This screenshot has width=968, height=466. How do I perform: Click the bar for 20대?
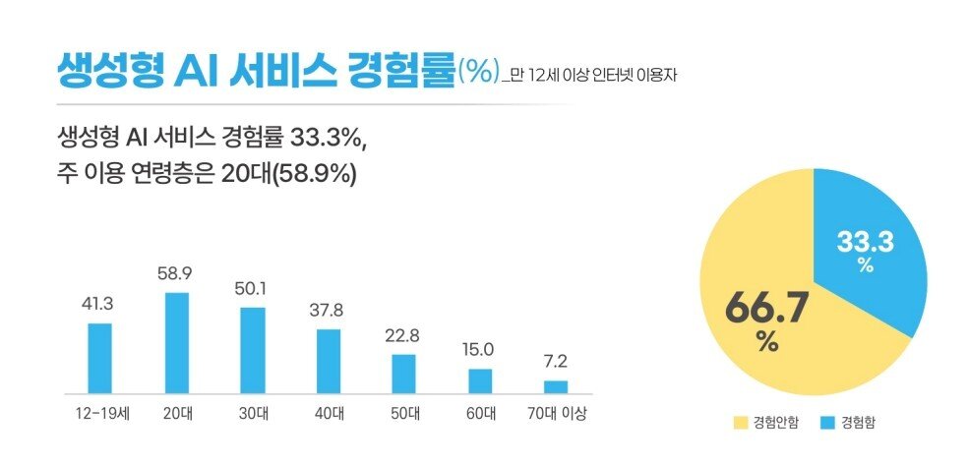click(176, 342)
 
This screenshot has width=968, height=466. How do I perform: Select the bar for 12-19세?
click(100, 357)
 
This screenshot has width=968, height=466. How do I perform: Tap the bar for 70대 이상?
click(556, 385)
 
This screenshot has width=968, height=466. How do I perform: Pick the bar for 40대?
click(328, 360)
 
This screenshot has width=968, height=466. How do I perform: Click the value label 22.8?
click(403, 336)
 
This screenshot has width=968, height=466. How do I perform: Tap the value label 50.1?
click(252, 289)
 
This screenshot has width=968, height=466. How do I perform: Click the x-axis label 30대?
click(252, 412)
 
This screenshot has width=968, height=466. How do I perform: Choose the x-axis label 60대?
click(480, 412)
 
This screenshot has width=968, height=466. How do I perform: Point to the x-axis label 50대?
click(403, 412)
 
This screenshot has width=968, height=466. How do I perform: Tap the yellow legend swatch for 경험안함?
click(741, 423)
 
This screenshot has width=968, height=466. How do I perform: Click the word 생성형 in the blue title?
click(91, 71)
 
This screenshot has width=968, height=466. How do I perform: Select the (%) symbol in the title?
click(479, 72)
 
